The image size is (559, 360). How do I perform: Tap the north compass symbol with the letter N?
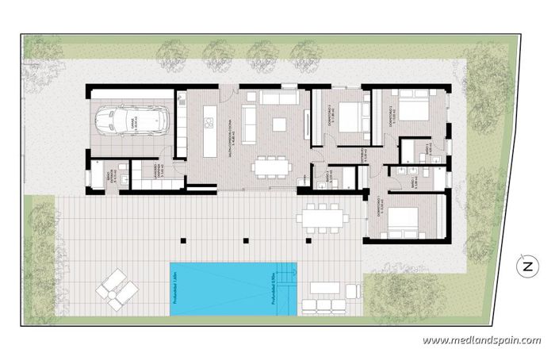pyautogui.click(x=526, y=267)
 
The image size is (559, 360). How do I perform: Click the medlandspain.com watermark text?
pyautogui.click(x=481, y=341)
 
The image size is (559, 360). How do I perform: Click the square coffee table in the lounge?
pyautogui.click(x=279, y=124)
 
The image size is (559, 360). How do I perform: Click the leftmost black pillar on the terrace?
pyautogui.click(x=183, y=238)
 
